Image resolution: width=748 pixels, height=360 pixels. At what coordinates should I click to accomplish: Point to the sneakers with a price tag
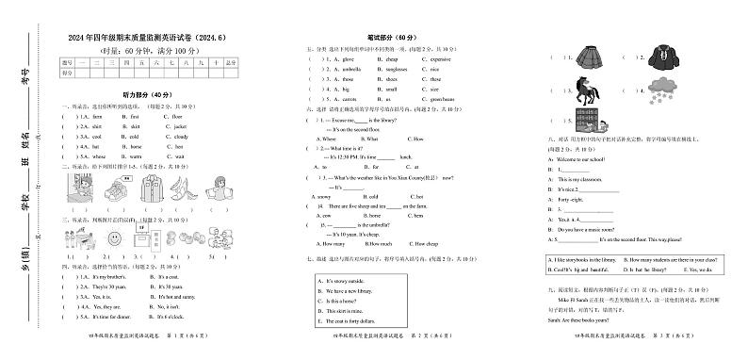coord(117,186)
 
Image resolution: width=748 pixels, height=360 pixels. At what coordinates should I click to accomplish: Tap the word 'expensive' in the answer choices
coord(440,58)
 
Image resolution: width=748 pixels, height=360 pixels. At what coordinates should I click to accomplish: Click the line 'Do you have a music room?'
coord(589,229)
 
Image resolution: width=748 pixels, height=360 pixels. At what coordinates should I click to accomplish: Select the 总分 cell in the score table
coord(231,63)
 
